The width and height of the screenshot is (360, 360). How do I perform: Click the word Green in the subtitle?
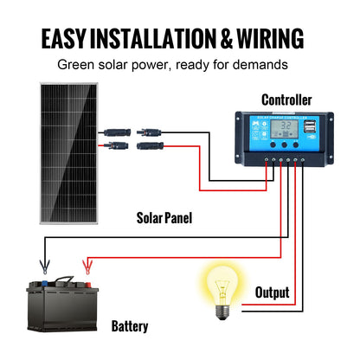76,65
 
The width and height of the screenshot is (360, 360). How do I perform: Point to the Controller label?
286,100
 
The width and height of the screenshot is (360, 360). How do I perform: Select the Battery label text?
130,326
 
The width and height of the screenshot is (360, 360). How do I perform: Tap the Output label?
272,292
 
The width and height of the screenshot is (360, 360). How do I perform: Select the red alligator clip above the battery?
87,265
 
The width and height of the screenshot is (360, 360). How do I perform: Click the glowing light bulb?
220,284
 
